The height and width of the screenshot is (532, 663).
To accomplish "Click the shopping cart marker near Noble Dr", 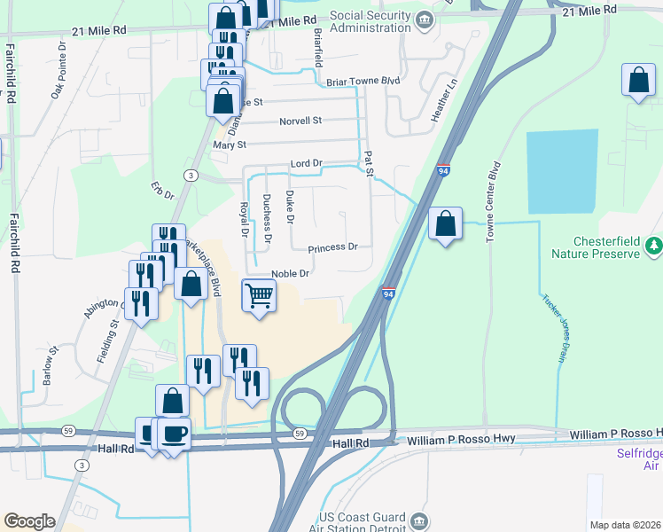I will click(x=259, y=295).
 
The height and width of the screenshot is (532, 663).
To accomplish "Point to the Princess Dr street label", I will click(x=332, y=247).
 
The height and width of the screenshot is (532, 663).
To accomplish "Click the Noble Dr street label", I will click(x=290, y=274).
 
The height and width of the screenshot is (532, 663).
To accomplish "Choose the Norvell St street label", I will click(x=300, y=121).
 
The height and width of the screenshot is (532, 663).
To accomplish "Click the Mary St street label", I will click(x=229, y=145).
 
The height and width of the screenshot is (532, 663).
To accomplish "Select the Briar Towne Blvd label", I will click(x=363, y=82).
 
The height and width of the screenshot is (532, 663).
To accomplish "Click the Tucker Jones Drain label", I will click(x=554, y=327).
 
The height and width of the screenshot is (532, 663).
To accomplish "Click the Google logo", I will click(x=29, y=521).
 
